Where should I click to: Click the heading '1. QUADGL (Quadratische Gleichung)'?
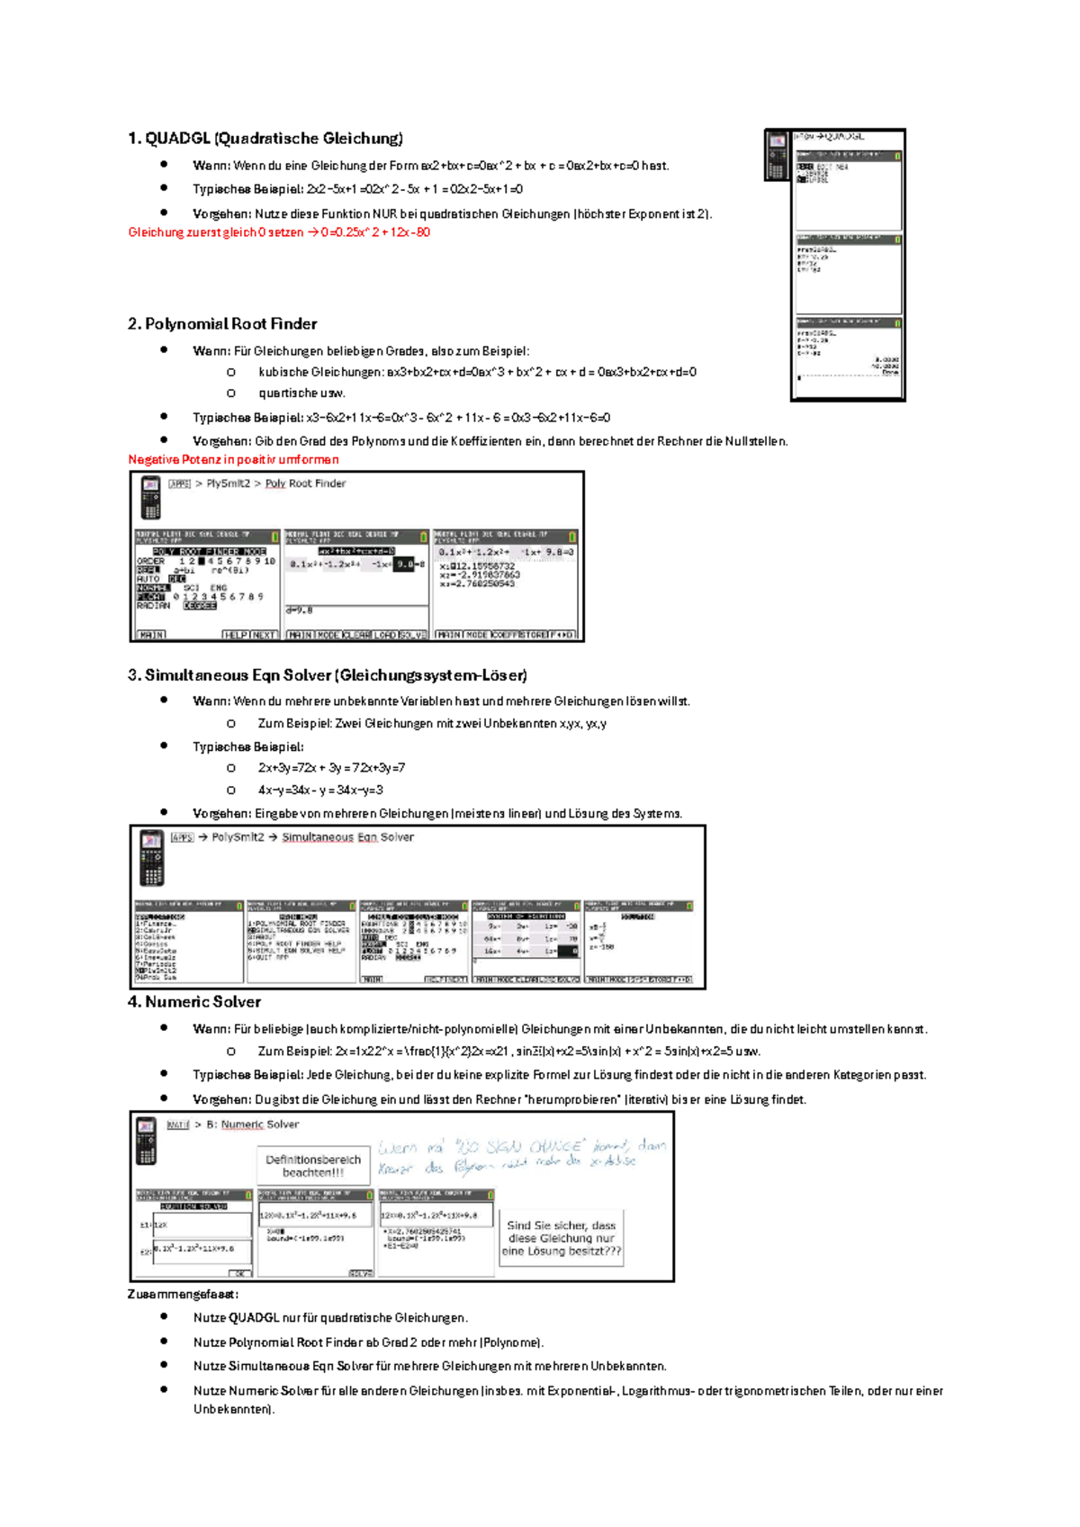tap(265, 139)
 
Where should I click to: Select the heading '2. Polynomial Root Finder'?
tap(222, 324)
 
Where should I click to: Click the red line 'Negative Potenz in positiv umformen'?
tap(233, 459)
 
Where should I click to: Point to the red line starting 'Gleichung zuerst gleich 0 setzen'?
tap(279, 232)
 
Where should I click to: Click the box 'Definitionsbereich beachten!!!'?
tap(313, 1166)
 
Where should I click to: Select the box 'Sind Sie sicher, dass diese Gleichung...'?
tap(562, 1238)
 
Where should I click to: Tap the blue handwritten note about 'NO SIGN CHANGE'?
tap(522, 1156)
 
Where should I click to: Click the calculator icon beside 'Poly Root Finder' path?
tap(150, 497)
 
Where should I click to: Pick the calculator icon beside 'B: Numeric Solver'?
tap(146, 1139)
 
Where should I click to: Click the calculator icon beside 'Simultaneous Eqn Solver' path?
tap(151, 857)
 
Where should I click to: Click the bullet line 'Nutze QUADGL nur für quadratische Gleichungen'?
tap(330, 1317)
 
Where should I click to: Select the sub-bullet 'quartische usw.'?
tap(301, 393)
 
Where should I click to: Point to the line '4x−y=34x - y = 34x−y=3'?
tap(320, 790)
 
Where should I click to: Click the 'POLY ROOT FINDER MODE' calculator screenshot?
tap(206, 585)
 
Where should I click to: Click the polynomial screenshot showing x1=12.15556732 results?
tap(505, 585)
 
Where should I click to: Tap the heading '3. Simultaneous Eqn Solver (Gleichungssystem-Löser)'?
tap(328, 675)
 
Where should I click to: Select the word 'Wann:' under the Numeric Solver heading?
tap(211, 1028)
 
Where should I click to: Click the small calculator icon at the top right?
tap(776, 155)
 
